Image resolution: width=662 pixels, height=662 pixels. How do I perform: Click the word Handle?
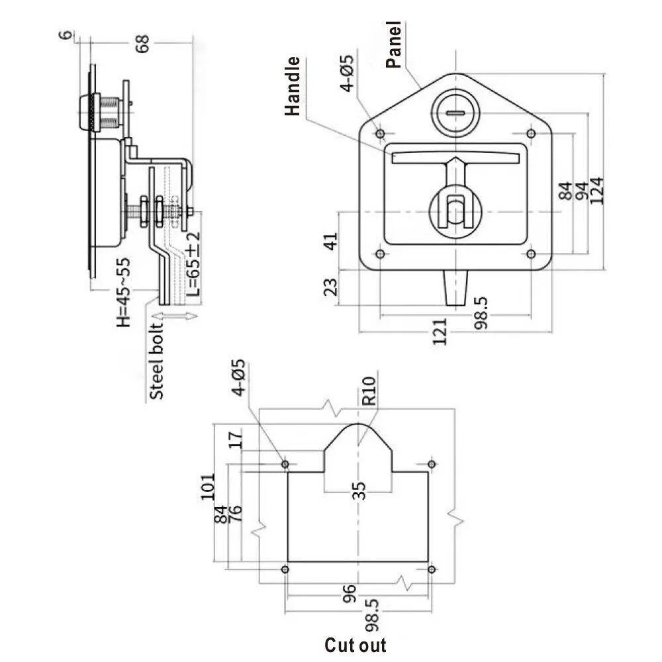[x=293, y=87]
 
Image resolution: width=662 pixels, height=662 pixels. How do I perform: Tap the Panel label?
[x=394, y=44]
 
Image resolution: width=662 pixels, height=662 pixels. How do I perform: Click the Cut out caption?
[x=355, y=645]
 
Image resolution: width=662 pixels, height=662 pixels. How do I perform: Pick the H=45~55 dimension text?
[x=123, y=291]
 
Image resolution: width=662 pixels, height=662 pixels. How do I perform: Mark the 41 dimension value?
[x=332, y=240]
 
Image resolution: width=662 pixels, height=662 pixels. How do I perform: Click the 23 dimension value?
[x=332, y=287]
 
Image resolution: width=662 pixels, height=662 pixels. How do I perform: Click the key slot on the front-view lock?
[x=456, y=113]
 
